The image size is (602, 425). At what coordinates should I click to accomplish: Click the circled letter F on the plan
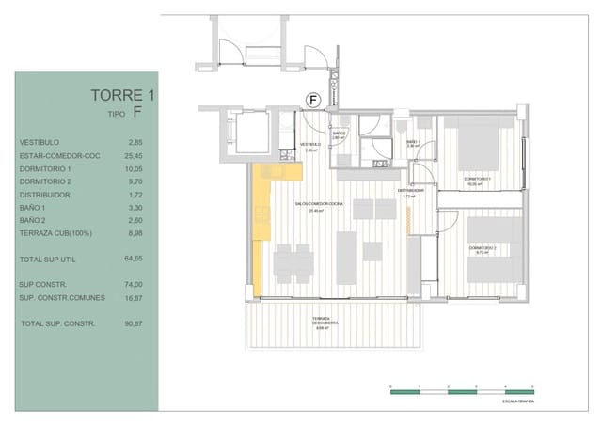314,99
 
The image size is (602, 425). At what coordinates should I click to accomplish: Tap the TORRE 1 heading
122,95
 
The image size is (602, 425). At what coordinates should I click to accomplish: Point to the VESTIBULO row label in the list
39,143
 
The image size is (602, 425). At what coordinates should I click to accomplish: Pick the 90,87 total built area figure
134,323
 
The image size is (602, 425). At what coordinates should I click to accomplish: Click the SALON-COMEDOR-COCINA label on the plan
317,205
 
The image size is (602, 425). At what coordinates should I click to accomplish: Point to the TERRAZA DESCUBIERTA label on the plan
325,324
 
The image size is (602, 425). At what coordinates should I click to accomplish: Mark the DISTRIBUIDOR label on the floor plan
410,191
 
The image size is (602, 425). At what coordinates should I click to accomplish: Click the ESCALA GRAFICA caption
518,401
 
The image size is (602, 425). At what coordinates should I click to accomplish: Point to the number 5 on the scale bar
532,386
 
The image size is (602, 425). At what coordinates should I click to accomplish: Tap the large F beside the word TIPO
138,114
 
